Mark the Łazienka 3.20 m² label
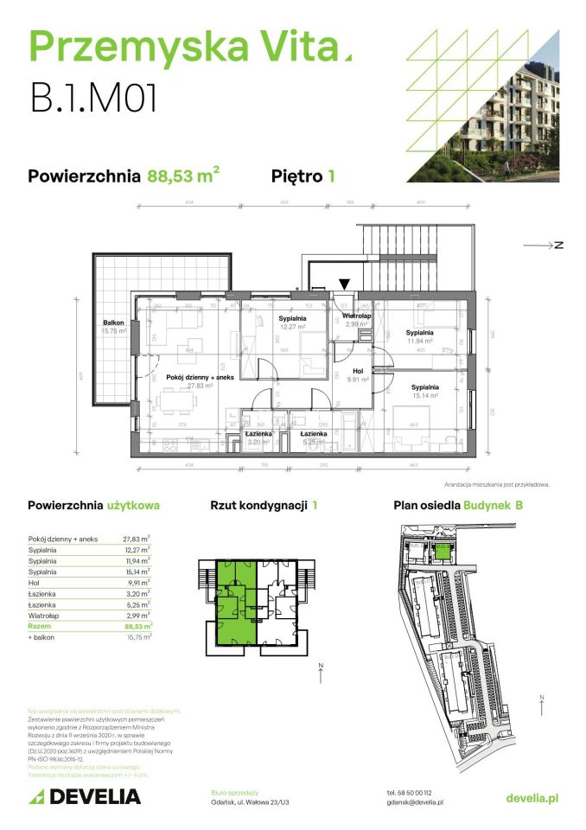coord(258,437)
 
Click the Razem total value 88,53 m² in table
coord(137,625)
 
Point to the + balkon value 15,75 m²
coord(137,636)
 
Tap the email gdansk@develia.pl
coord(415,801)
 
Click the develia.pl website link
coord(532,796)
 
